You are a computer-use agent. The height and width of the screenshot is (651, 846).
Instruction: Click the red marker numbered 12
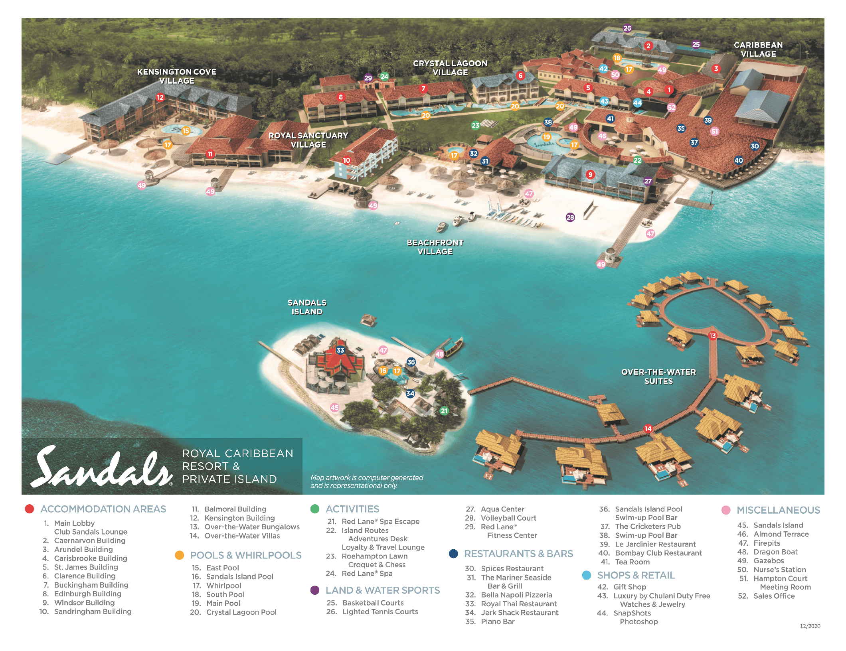pyautogui.click(x=160, y=97)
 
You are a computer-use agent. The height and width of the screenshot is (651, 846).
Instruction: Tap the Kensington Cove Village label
pyautogui.click(x=177, y=76)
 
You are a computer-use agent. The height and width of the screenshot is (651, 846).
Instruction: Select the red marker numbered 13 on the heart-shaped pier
pyautogui.click(x=712, y=336)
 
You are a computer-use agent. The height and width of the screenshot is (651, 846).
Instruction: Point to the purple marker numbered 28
pyautogui.click(x=570, y=217)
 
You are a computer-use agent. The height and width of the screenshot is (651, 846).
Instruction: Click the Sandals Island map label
pyautogui.click(x=307, y=307)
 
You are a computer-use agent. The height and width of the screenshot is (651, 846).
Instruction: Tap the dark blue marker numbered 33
pyautogui.click(x=340, y=350)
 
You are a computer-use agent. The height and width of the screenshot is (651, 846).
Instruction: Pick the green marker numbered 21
pyautogui.click(x=444, y=411)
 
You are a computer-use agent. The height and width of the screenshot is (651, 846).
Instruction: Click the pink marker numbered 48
pyautogui.click(x=439, y=354)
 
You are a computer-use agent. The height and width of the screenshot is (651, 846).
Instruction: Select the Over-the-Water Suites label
pyautogui.click(x=658, y=377)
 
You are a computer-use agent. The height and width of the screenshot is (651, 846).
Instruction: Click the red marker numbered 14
pyautogui.click(x=648, y=429)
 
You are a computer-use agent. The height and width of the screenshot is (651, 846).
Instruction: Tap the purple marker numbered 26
pyautogui.click(x=627, y=28)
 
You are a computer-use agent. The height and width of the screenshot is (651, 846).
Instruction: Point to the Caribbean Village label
pyautogui.click(x=758, y=49)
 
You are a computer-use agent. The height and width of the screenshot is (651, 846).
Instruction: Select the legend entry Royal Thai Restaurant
pyautogui.click(x=518, y=604)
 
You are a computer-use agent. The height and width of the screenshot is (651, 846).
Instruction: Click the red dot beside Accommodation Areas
pyautogui.click(x=29, y=509)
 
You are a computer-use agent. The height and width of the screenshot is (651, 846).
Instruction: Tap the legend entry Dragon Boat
pyautogui.click(x=775, y=552)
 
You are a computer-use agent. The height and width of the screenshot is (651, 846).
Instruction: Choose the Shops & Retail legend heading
pyautogui.click(x=636, y=575)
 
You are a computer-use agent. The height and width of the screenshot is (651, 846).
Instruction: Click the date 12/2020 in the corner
pyautogui.click(x=810, y=626)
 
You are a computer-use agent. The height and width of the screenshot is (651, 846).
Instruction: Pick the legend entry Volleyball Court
pyautogui.click(x=508, y=518)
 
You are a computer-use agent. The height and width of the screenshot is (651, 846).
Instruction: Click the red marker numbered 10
pyautogui.click(x=346, y=160)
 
